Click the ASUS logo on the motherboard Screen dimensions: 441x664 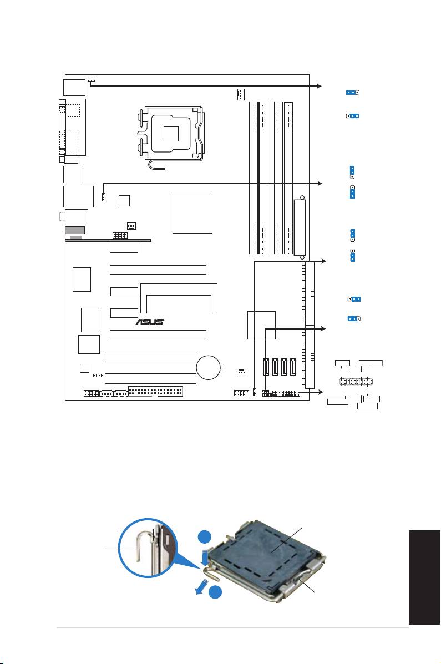pyautogui.click(x=150, y=322)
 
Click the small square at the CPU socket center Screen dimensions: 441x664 pyautogui.click(x=171, y=133)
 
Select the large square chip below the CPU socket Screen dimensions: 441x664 pyautogui.click(x=192, y=214)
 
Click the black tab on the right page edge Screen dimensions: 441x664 pyautogui.click(x=424, y=577)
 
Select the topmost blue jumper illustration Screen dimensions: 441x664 pyautogui.click(x=352, y=92)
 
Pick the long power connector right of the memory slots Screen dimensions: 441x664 pyautogui.click(x=300, y=227)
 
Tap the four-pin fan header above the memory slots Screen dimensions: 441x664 pyautogui.click(x=241, y=94)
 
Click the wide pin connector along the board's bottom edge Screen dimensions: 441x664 pyautogui.click(x=155, y=391)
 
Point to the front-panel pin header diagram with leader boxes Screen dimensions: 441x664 pyautogui.click(x=356, y=382)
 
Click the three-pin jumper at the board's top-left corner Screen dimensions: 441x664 pyautogui.click(x=92, y=80)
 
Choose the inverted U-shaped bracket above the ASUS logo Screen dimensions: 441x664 pyautogui.click(x=179, y=298)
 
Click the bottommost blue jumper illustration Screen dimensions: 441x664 pyautogui.click(x=353, y=318)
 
